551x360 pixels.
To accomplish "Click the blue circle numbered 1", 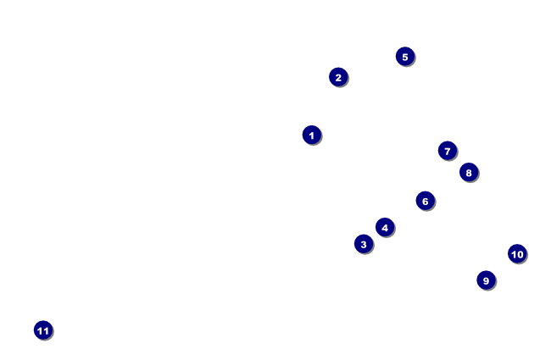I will pyautogui.click(x=312, y=135).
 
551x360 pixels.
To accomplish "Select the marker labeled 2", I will pyautogui.click(x=338, y=77).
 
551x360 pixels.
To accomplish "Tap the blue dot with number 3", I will pyautogui.click(x=364, y=244).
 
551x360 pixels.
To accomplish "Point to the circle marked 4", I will pyautogui.click(x=385, y=227).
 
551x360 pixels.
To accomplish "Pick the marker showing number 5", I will pyautogui.click(x=405, y=57).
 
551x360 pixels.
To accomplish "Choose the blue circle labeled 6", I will pyautogui.click(x=426, y=201).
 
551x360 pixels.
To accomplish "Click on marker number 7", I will pyautogui.click(x=448, y=151).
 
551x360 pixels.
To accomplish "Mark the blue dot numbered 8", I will pyautogui.click(x=469, y=172).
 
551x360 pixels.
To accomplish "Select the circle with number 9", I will pyautogui.click(x=486, y=280).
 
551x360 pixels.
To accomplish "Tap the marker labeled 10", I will pyautogui.click(x=517, y=253).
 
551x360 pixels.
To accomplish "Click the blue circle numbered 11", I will pyautogui.click(x=43, y=330).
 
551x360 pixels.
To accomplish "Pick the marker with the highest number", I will pyautogui.click(x=43, y=330).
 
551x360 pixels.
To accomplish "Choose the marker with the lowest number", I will pyautogui.click(x=312, y=135).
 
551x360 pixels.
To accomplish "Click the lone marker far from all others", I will pyautogui.click(x=43, y=330).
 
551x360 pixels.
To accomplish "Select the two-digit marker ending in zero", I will pyautogui.click(x=517, y=253).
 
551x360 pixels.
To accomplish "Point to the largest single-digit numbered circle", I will pyautogui.click(x=486, y=280).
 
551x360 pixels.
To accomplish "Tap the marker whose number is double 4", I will pyautogui.click(x=469, y=172).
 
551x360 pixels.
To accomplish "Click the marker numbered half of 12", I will pyautogui.click(x=426, y=201).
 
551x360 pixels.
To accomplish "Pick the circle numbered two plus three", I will pyautogui.click(x=405, y=57).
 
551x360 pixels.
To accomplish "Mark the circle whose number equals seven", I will pyautogui.click(x=448, y=151).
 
